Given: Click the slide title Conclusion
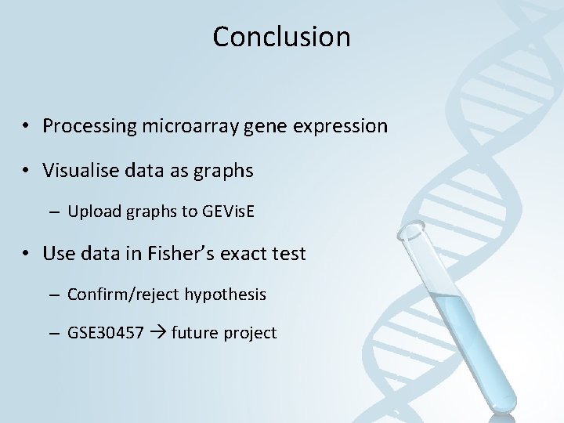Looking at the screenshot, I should (281, 36).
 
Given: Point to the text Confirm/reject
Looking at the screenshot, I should (124, 295).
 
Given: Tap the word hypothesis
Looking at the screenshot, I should (225, 295).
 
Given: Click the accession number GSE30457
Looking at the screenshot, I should (105, 333).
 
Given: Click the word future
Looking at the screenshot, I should (192, 333).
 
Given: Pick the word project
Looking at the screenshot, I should (249, 333).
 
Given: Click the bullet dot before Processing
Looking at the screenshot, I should (27, 126).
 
